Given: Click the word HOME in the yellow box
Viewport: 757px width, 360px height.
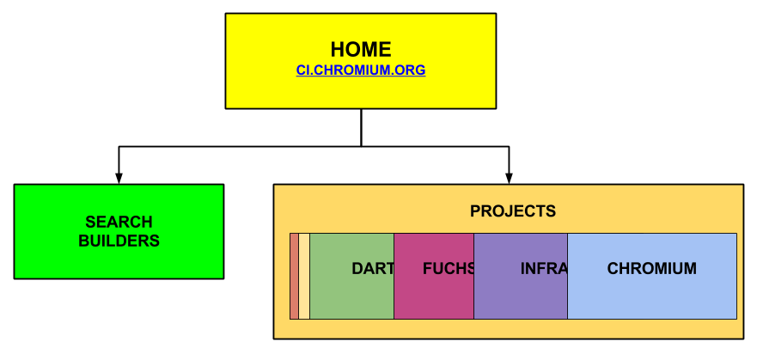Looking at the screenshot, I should point(360,50).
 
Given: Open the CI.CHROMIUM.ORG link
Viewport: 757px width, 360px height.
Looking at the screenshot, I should point(360,70).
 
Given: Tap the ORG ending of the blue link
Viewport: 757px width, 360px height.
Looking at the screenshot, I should point(412,70).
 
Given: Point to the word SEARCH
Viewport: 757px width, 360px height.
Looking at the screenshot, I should point(119,222).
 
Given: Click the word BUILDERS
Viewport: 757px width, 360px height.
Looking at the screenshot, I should point(119,241).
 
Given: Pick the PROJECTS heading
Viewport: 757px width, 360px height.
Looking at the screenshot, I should point(512,211).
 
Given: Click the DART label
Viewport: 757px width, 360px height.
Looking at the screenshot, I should point(373,269).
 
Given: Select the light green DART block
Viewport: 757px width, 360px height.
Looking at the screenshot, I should point(344,296).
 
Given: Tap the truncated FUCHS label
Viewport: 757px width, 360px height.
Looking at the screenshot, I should point(449,269).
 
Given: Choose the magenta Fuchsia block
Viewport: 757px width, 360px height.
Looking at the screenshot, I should point(433,296).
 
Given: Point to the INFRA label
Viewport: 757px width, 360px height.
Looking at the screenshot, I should point(543,269).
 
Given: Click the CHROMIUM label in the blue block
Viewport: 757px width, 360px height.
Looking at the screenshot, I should point(651,269).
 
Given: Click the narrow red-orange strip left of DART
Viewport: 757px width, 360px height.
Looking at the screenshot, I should point(294,276).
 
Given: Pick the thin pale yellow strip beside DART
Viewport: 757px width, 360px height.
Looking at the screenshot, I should point(304,276).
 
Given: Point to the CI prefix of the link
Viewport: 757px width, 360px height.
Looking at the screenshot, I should point(302,70).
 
